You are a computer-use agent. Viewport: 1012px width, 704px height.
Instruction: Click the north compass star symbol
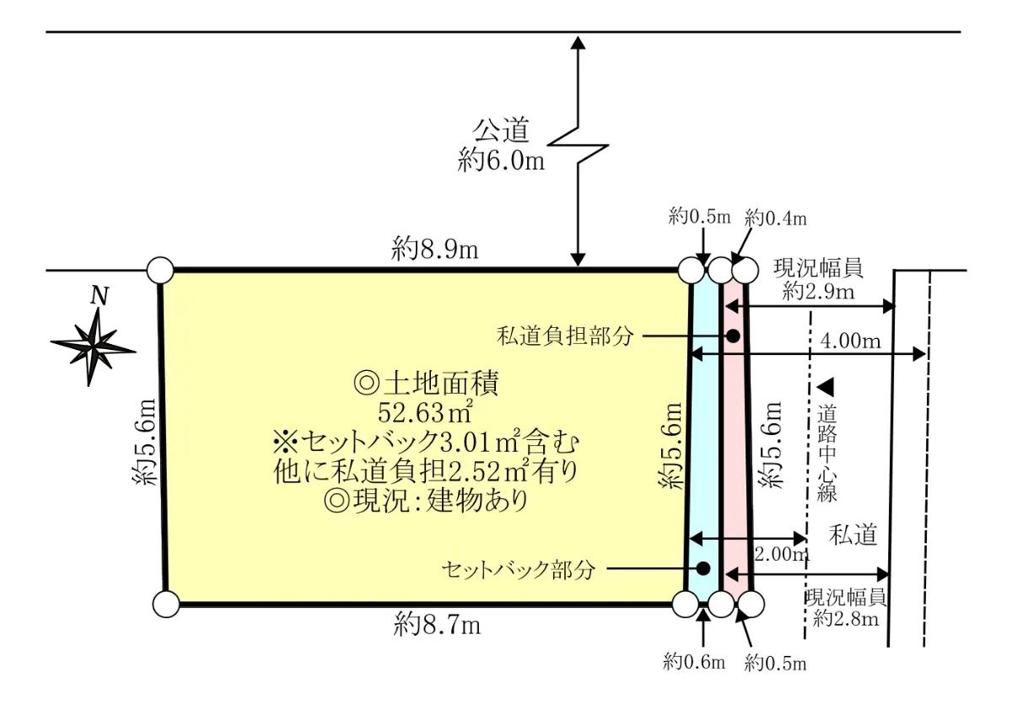(93, 344)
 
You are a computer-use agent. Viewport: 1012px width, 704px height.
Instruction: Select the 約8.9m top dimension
(435, 249)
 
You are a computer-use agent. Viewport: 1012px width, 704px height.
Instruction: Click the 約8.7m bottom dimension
(437, 626)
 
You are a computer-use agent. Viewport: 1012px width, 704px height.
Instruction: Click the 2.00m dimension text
(780, 554)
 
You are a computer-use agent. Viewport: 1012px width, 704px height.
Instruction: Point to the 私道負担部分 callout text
(565, 336)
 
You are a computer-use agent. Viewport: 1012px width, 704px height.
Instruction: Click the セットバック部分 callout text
(519, 569)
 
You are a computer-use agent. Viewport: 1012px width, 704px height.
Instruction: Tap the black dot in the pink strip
(734, 336)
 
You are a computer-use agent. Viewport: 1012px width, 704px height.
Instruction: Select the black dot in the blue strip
(702, 568)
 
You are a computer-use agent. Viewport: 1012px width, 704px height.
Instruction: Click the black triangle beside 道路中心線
(826, 388)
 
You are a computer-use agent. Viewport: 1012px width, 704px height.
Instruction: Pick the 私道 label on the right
(853, 534)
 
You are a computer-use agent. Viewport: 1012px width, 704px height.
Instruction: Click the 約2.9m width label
(818, 292)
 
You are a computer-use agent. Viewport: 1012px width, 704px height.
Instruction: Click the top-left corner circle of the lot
(160, 270)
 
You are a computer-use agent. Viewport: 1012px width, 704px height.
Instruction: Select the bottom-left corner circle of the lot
(167, 604)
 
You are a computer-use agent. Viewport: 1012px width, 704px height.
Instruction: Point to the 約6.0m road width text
(501, 159)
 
